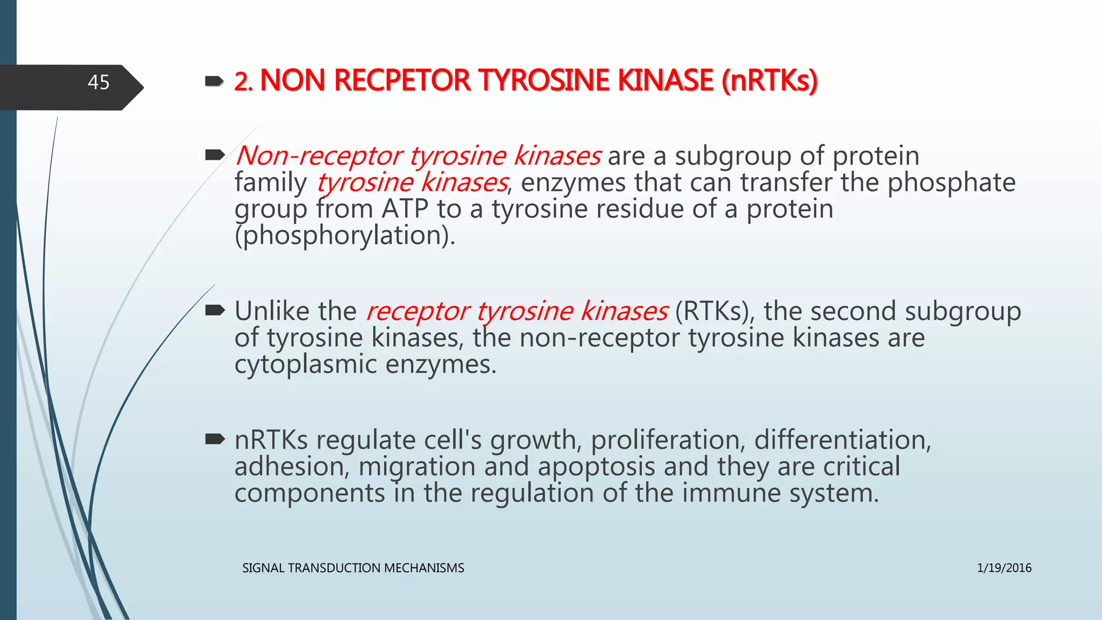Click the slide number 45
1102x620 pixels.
98,82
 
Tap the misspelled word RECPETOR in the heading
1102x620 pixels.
402,81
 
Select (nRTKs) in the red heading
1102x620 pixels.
769,81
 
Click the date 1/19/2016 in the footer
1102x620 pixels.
1004,568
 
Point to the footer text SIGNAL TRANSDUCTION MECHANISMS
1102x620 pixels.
353,568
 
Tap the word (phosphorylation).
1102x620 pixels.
345,236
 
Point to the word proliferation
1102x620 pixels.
668,440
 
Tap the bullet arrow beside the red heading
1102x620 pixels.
215,81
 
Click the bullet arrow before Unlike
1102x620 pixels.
215,311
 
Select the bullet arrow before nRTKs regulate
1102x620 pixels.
215,440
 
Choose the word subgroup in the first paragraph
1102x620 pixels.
733,157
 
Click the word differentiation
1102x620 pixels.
842,440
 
